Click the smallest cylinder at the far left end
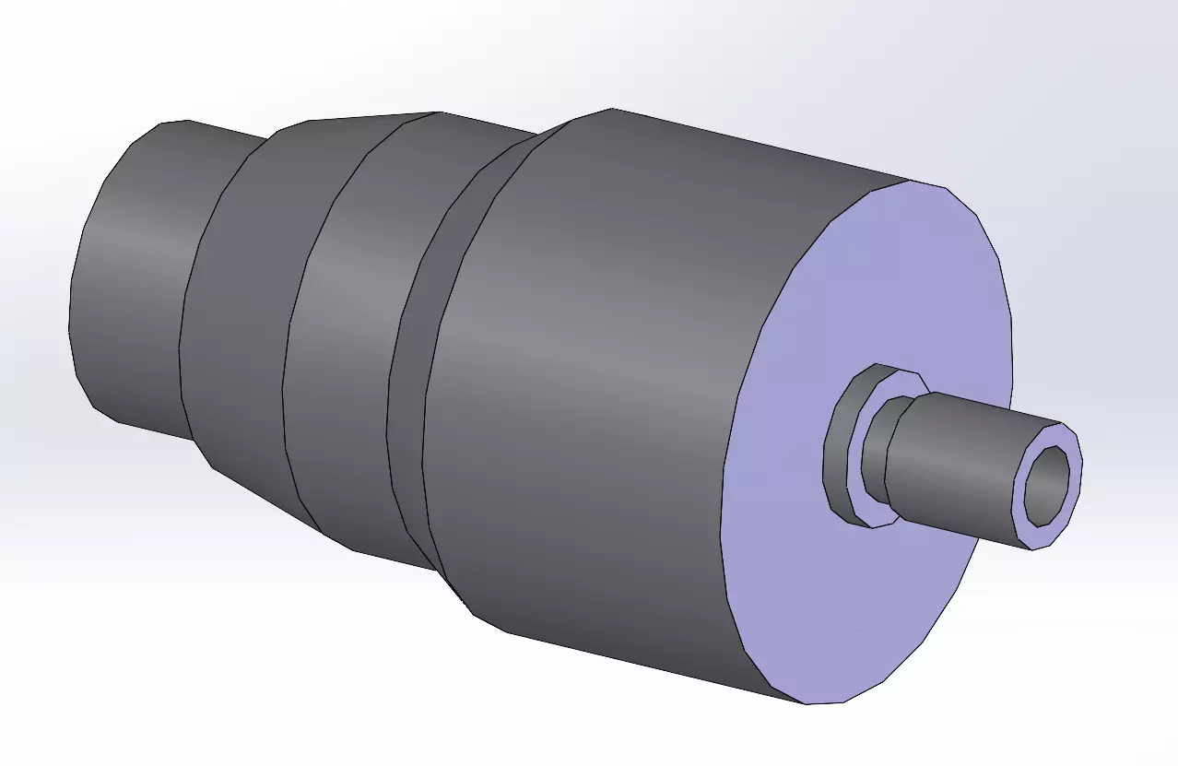[138, 277]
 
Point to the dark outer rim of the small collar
[839, 442]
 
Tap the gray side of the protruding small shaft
[959, 461]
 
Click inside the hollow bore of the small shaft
[1048, 484]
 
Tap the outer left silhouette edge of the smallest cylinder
[71, 313]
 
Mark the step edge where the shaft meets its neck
[887, 461]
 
